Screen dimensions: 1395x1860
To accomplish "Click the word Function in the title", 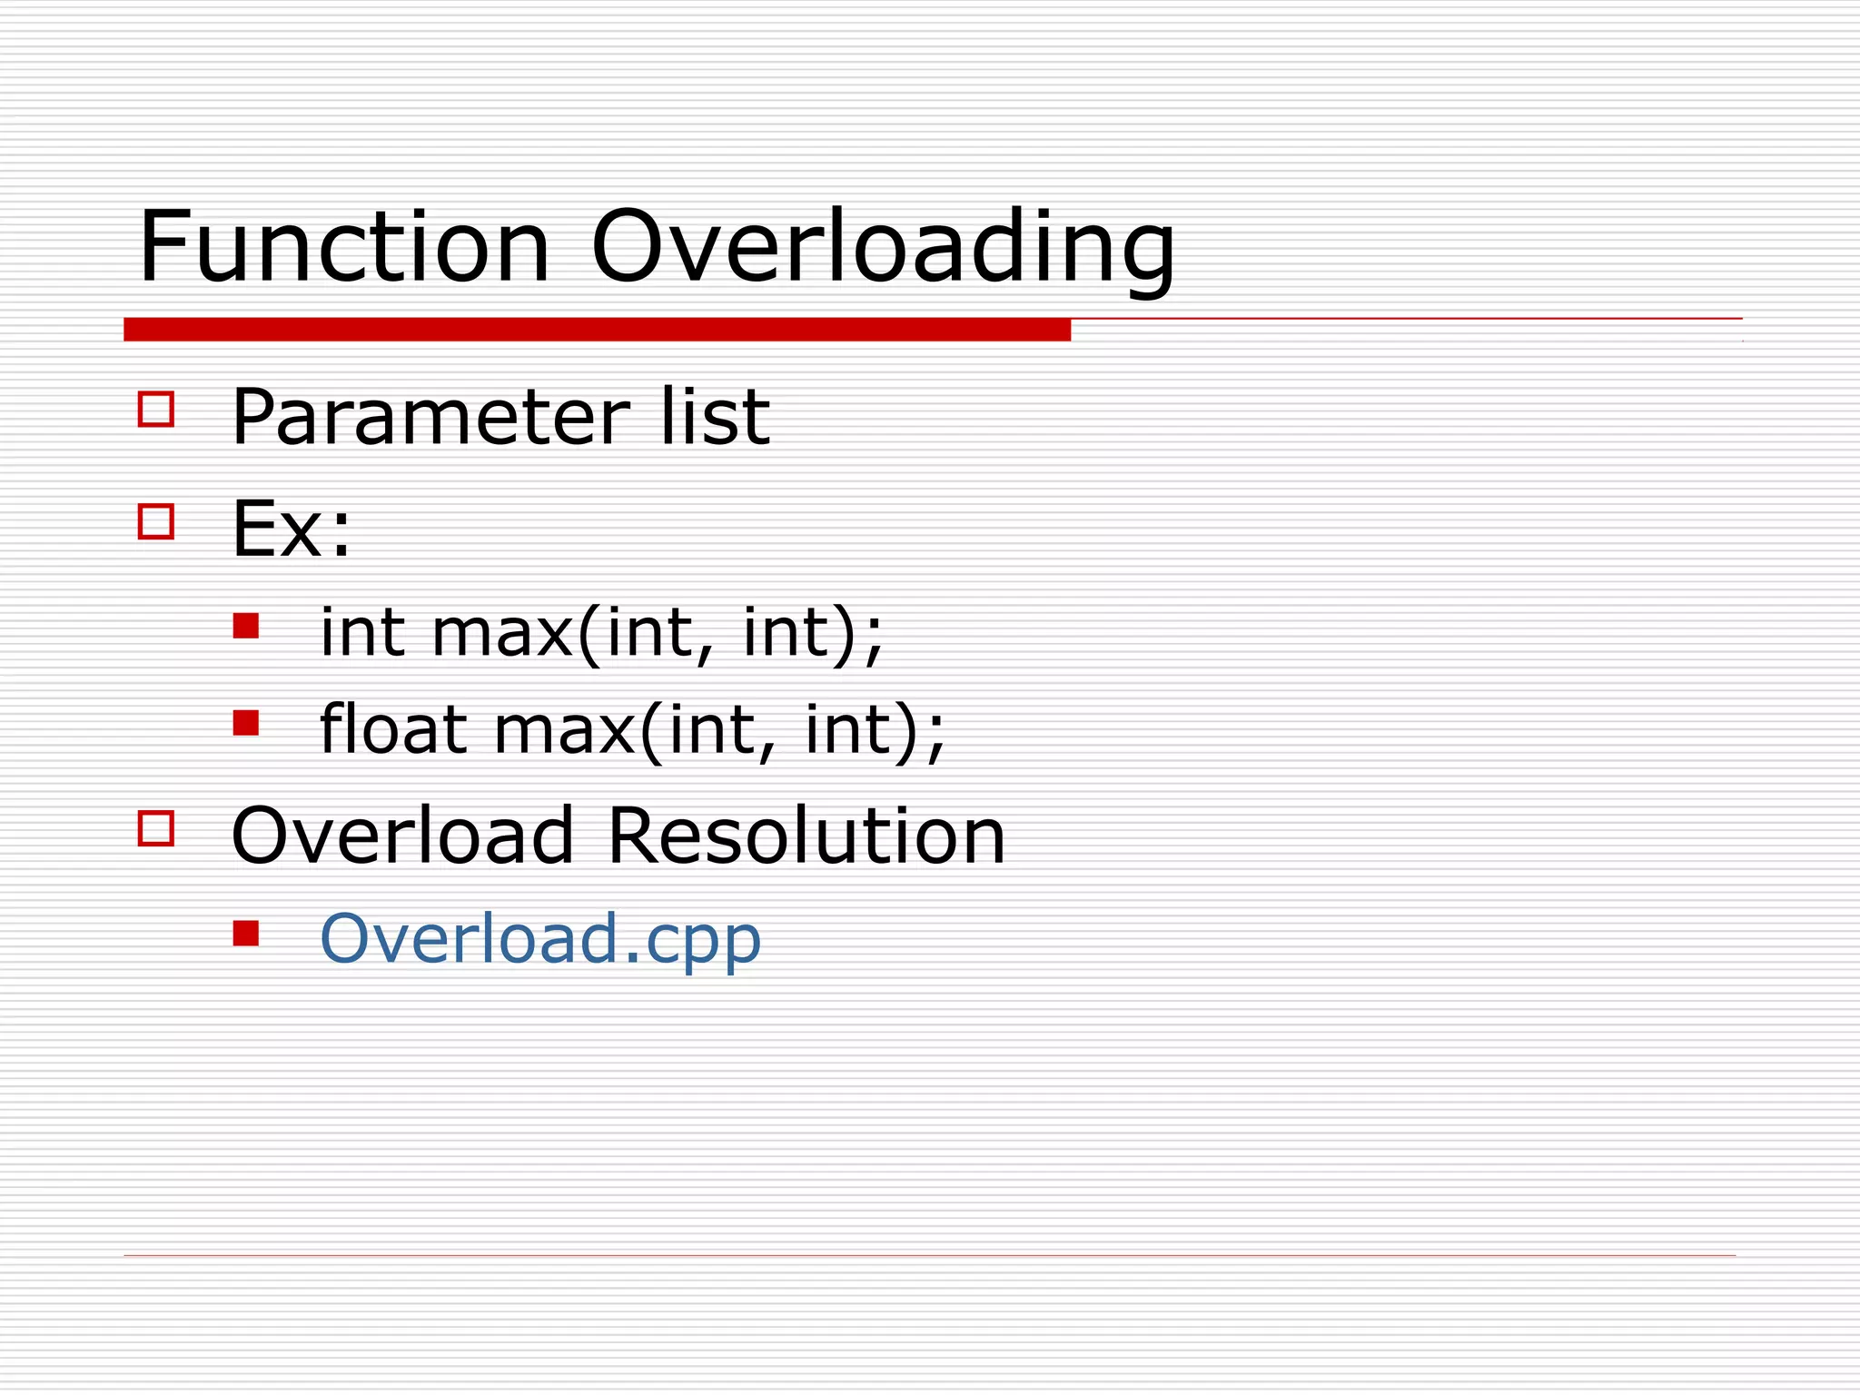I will (344, 247).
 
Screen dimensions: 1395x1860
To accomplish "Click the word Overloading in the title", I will (883, 247).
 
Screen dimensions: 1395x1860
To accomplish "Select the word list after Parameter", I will (715, 417).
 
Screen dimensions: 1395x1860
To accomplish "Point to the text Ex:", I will (291, 529).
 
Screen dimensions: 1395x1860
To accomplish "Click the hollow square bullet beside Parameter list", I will (156, 409).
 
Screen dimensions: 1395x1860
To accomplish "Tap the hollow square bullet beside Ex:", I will (156, 521).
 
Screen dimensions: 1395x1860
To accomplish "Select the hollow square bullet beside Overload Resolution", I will (156, 828).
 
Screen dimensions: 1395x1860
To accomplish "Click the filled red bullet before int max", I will (246, 626).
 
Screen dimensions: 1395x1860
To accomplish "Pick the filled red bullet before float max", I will (246, 723).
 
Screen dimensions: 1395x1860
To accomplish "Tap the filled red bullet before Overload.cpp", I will (246, 933).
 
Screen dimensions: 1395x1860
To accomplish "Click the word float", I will (393, 728).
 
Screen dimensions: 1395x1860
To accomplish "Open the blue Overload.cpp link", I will (540, 939).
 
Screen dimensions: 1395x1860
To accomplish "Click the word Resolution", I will (806, 836).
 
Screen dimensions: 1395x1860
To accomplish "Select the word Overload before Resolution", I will (402, 836).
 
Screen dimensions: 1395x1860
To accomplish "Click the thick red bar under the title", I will (597, 330).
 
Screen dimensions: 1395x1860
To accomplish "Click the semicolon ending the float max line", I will (936, 736).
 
